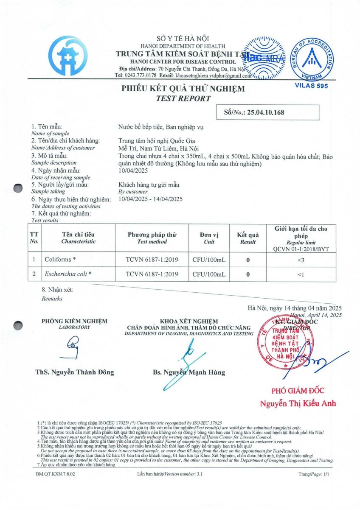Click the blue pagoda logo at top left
[68, 56]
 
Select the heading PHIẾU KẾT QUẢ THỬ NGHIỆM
[183, 89]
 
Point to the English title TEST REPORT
[183, 98]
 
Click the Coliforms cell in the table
[60, 259]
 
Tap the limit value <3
[301, 259]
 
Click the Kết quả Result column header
[248, 238]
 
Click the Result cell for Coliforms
[248, 259]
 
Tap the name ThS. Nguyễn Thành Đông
[75, 372]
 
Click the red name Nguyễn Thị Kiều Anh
[298, 403]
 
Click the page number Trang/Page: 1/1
[314, 473]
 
